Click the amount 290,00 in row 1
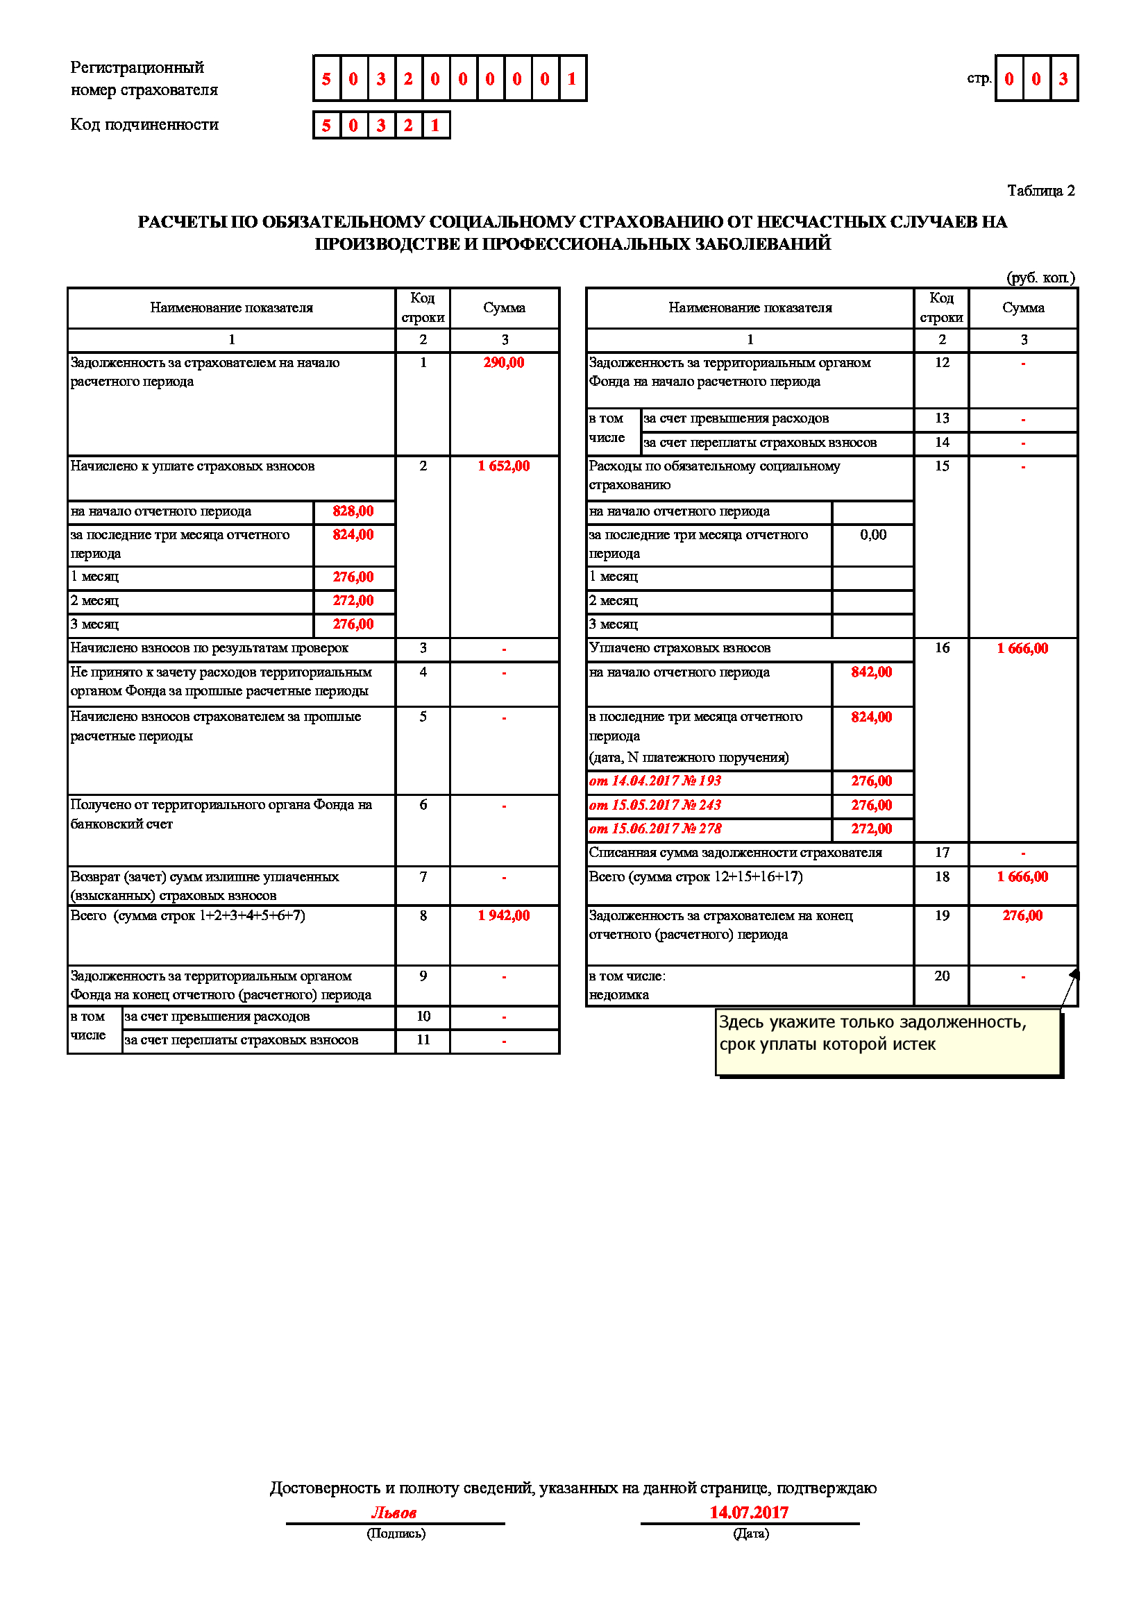503,363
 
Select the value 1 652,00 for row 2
503,466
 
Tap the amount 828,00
353,511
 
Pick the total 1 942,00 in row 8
503,915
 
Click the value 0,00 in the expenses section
873,535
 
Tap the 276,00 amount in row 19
1022,915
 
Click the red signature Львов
394,1513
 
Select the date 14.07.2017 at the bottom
749,1512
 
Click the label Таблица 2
1040,191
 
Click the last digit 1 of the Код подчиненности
435,126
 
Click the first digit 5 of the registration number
326,79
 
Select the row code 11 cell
423,1040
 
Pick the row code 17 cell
942,853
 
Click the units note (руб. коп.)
1040,278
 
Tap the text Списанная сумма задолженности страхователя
735,853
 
